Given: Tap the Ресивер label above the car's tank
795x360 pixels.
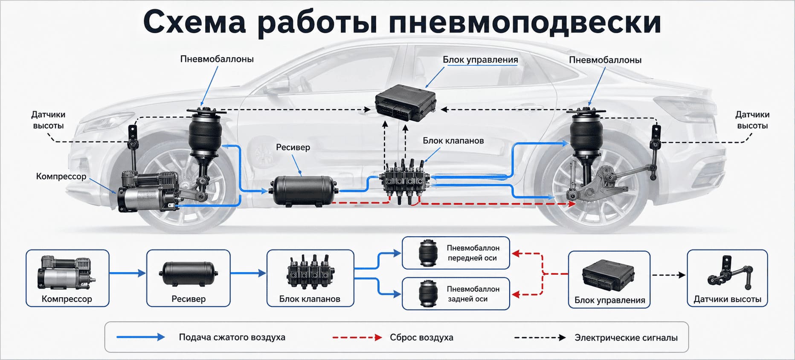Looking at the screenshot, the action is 293,148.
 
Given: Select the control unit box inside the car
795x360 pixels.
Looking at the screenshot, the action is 405,103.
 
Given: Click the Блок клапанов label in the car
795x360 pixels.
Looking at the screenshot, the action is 453,141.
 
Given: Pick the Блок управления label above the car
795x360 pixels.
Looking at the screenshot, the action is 480,60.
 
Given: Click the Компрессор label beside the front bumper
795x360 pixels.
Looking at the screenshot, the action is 61,177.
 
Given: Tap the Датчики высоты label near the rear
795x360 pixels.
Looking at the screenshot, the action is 752,120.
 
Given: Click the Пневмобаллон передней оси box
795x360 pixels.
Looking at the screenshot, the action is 456,253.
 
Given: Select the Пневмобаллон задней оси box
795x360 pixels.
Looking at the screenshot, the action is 456,293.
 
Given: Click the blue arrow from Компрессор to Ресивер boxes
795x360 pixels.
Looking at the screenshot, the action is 128,273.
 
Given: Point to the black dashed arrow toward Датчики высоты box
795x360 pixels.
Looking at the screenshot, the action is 669,275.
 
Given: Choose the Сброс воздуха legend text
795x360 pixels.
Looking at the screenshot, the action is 421,337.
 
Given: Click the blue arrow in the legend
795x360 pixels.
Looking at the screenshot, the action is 141,337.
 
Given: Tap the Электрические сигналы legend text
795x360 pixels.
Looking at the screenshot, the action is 626,338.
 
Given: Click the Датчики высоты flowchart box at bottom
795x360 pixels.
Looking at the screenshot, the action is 727,278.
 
